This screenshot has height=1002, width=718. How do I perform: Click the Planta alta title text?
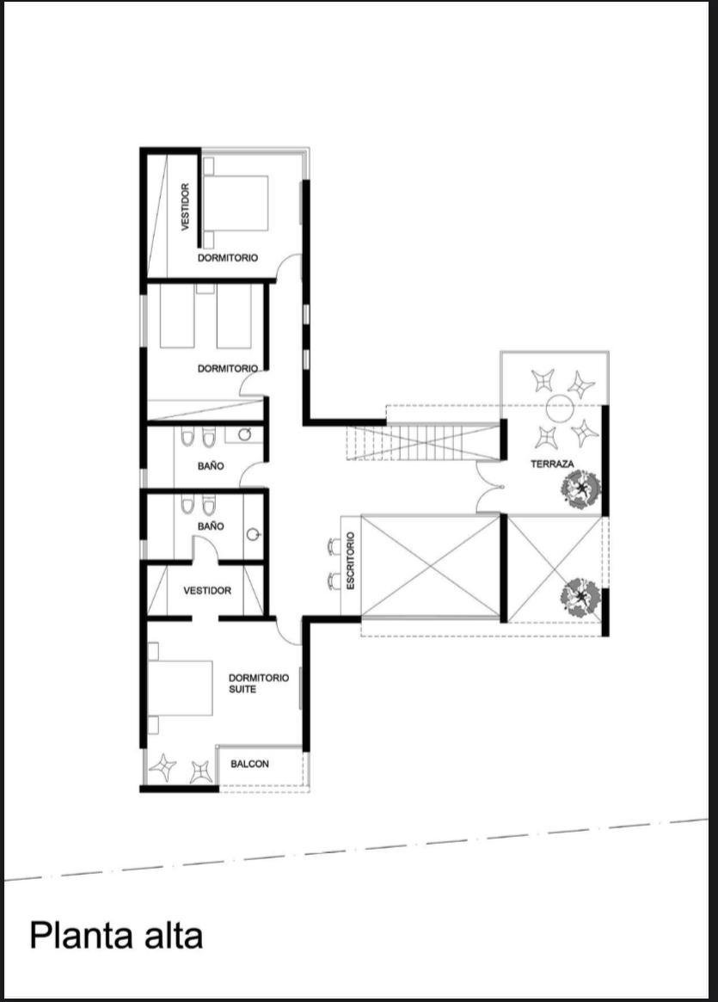pyautogui.click(x=116, y=936)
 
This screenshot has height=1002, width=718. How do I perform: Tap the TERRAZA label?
pyautogui.click(x=552, y=464)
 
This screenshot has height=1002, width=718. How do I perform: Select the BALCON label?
pyautogui.click(x=249, y=764)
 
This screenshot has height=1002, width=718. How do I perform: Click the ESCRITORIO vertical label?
pyautogui.click(x=350, y=561)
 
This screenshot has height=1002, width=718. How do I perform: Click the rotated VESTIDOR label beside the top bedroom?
pyautogui.click(x=185, y=207)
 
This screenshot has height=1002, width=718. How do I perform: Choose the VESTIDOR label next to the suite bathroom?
pyautogui.click(x=207, y=591)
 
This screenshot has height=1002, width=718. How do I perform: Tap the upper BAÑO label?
pyautogui.click(x=211, y=466)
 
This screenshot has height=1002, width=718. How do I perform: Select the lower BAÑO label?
pyautogui.click(x=211, y=526)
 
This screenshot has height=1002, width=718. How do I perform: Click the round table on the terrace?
pyautogui.click(x=561, y=408)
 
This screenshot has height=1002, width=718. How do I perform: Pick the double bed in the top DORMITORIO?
pyautogui.click(x=235, y=203)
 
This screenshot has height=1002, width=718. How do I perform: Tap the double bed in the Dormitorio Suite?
pyautogui.click(x=180, y=687)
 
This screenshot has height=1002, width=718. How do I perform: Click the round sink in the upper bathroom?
pyautogui.click(x=245, y=434)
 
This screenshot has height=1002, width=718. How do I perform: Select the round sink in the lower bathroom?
pyautogui.click(x=255, y=533)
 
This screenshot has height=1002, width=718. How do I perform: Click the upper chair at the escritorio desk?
pyautogui.click(x=334, y=546)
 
